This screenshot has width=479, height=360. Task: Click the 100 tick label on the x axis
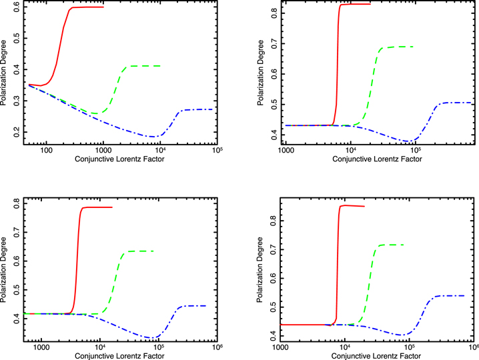[46, 150]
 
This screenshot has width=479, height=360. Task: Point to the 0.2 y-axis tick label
[17, 132]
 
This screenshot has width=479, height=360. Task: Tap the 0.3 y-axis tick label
[17, 101]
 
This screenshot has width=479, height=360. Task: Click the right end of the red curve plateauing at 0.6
[103, 7]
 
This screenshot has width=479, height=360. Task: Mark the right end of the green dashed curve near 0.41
[160, 66]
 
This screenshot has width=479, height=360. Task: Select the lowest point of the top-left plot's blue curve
[153, 137]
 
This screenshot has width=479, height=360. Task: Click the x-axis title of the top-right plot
[378, 159]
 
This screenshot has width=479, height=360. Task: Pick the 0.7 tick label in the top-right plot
[274, 43]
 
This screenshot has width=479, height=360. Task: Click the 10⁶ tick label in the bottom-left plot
[217, 347]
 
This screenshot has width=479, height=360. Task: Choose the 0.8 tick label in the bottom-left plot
[17, 203]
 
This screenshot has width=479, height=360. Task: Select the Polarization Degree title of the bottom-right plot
[260, 269]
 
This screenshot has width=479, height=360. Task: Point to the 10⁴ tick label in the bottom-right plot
[345, 347]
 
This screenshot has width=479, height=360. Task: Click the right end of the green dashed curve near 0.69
[413, 47]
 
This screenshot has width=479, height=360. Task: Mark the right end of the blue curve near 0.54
[464, 295]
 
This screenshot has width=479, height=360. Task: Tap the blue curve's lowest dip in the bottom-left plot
[152, 338]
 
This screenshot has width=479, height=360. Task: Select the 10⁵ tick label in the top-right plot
[416, 150]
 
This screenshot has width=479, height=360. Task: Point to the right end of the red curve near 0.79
[112, 207]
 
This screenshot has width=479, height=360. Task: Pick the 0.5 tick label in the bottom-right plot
[274, 307]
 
